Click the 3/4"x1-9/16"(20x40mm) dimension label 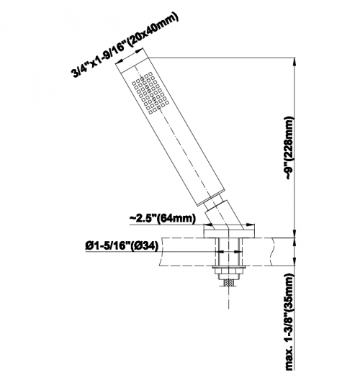coord(125,45)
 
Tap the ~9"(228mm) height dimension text coord(290,148)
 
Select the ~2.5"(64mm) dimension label coord(163,218)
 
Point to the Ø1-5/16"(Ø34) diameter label coord(122,246)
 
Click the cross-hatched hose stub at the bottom coord(229,283)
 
